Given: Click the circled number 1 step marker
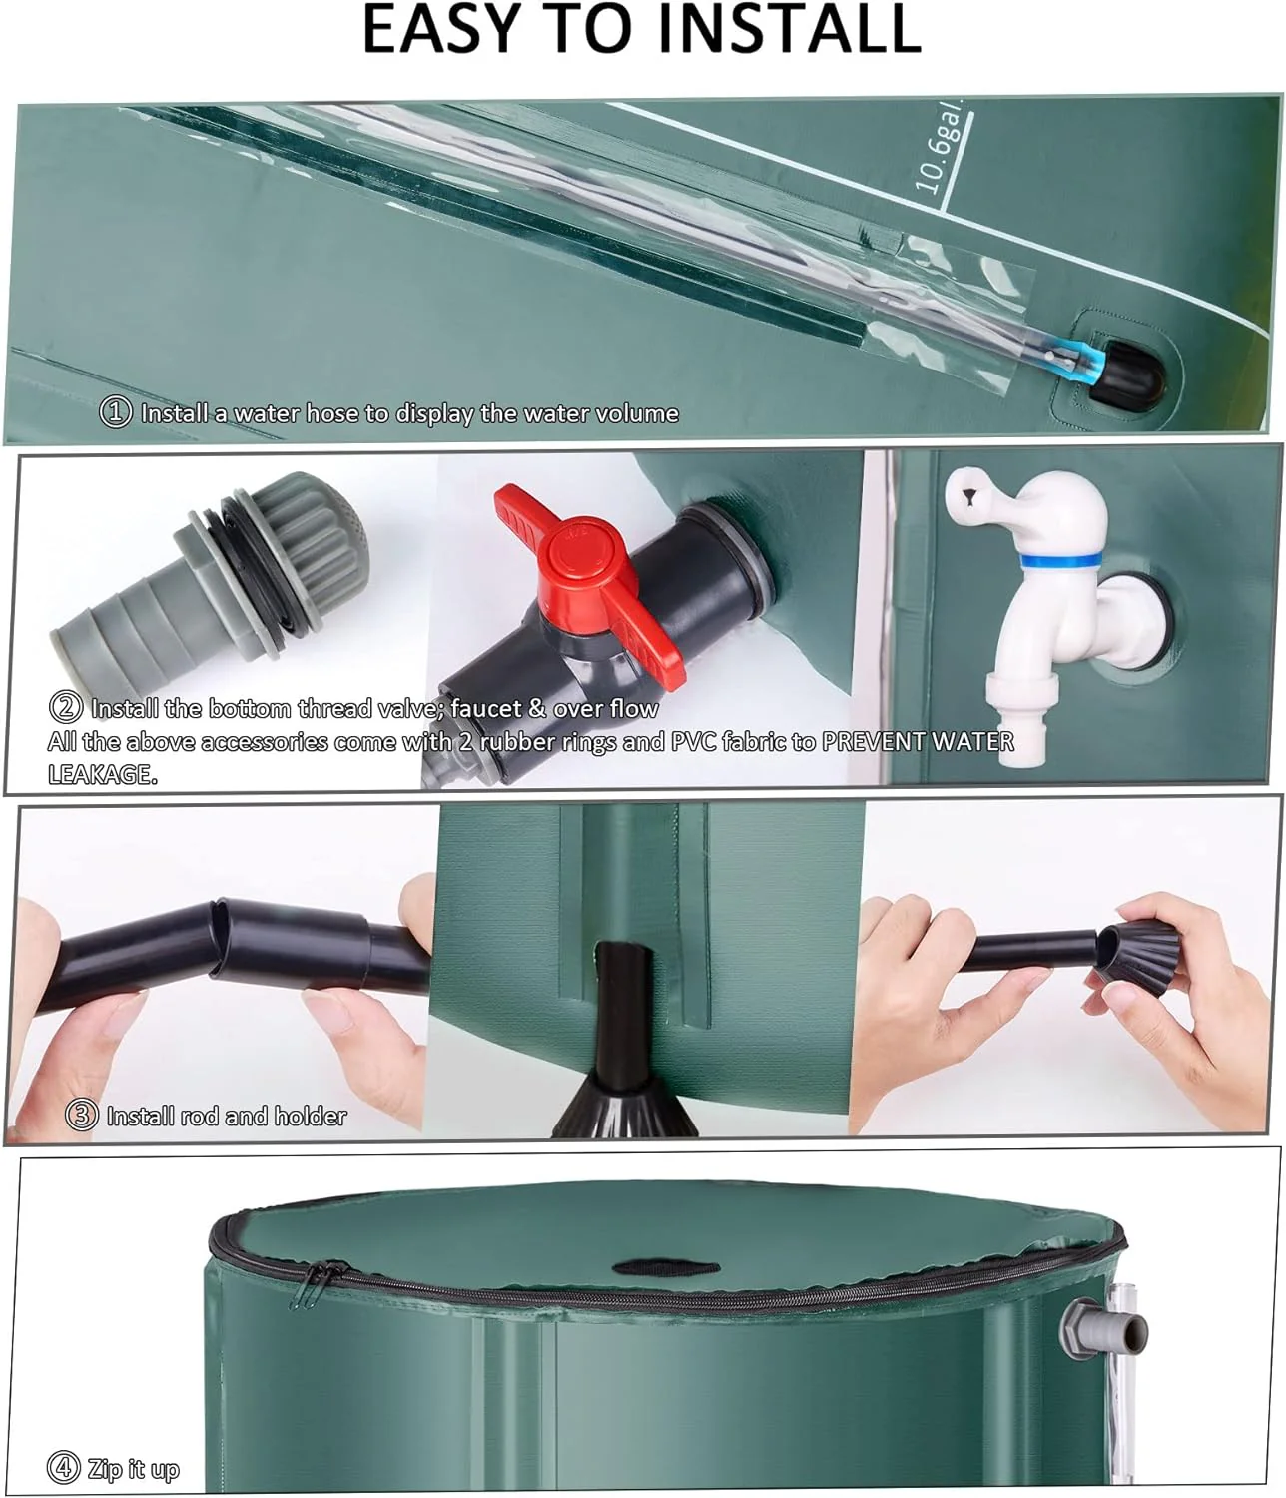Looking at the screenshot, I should pyautogui.click(x=116, y=412).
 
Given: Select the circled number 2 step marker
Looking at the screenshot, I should pyautogui.click(x=65, y=708).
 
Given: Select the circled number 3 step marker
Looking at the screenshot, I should pyautogui.click(x=81, y=1116).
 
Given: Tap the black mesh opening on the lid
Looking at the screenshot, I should pyautogui.click(x=665, y=1267).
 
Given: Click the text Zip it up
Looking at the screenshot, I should pyautogui.click(x=133, y=1469).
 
